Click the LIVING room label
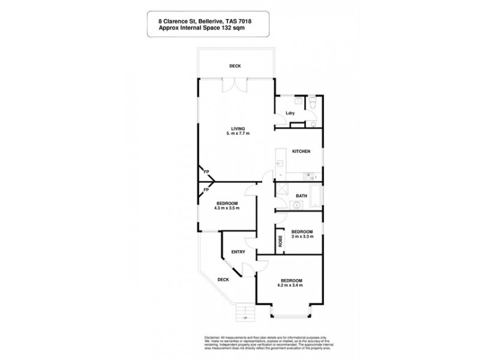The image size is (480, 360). [x=239, y=127]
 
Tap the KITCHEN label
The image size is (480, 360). [x=301, y=152]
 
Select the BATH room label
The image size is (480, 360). [x=302, y=196]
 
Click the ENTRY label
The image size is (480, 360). [x=238, y=252]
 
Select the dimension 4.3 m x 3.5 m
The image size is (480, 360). [x=227, y=208]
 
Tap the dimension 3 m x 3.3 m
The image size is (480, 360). [x=302, y=238]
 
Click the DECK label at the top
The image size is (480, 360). [x=235, y=66]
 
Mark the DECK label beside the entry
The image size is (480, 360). [x=223, y=280]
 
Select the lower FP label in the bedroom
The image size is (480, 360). [x=206, y=190]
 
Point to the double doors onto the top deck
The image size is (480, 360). [x=232, y=86]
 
